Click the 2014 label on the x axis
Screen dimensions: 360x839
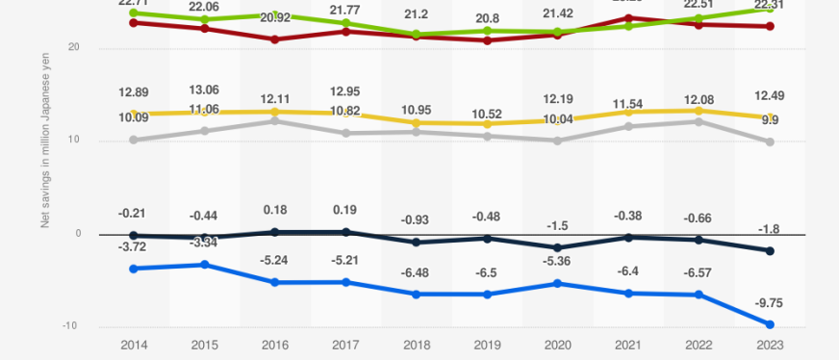(x=133, y=345)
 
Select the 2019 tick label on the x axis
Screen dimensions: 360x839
(x=487, y=345)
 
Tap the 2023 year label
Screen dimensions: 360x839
(x=770, y=345)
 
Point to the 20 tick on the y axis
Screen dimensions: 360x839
(x=73, y=48)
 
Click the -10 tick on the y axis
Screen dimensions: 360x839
(x=70, y=326)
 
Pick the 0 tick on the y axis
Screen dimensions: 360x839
(x=76, y=234)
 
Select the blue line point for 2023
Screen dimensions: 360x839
(x=770, y=324)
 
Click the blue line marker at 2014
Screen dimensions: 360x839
(x=133, y=269)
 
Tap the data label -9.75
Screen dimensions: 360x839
(x=770, y=303)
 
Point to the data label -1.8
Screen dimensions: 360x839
(x=770, y=229)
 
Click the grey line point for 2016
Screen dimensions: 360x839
(x=274, y=120)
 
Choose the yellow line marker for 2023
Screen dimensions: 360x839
(x=770, y=117)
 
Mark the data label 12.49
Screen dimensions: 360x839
(x=770, y=94)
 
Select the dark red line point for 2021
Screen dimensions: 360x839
(x=628, y=18)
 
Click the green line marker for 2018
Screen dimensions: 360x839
(x=416, y=35)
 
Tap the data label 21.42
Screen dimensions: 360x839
(x=557, y=13)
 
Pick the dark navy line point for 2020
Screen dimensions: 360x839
(x=557, y=248)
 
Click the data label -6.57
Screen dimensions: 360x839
(x=699, y=274)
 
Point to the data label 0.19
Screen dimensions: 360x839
(x=345, y=210)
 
